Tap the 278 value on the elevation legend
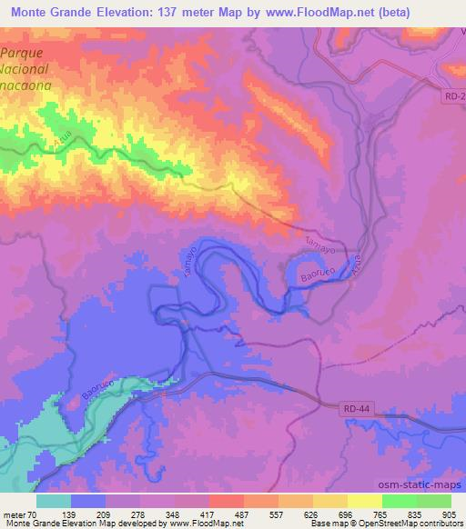(139, 514)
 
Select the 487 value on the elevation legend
(241, 514)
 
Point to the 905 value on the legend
(447, 514)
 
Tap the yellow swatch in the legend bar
(364, 501)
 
